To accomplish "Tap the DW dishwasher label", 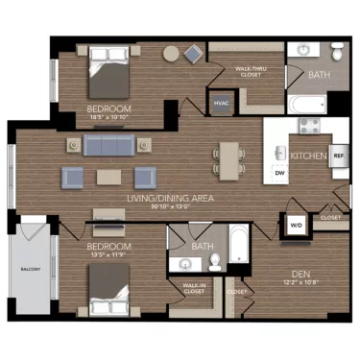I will [x=279, y=173].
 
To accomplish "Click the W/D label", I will [x=295, y=225].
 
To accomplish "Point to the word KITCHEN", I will [x=309, y=156].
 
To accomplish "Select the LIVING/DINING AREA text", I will [x=170, y=199].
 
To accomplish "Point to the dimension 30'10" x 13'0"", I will [x=170, y=207].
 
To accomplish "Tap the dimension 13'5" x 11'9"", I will [x=108, y=256].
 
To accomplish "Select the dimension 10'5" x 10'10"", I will [x=108, y=119].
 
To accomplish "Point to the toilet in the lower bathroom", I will [x=215, y=261].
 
